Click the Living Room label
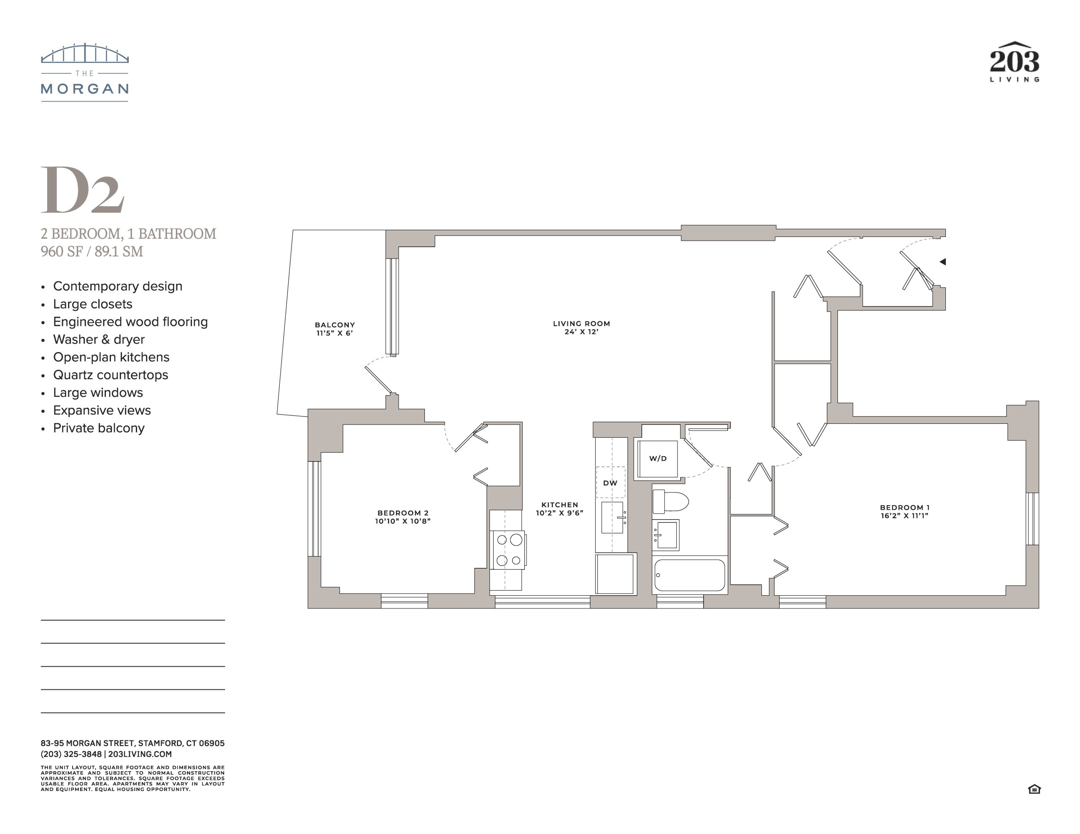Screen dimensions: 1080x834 (x=581, y=323)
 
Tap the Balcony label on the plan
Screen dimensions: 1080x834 (x=335, y=325)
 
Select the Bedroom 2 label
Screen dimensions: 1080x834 (x=402, y=513)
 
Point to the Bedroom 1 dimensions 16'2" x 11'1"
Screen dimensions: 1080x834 (x=904, y=516)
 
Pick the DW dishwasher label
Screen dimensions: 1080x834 (x=610, y=483)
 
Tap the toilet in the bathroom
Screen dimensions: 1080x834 (x=670, y=502)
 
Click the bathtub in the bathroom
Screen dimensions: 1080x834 (x=690, y=575)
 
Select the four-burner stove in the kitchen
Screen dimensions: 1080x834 (x=508, y=550)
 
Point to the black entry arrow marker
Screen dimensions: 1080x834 (x=942, y=261)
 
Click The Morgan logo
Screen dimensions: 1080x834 (x=84, y=72)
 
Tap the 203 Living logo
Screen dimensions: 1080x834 (x=1014, y=62)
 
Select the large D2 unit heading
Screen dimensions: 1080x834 (x=82, y=190)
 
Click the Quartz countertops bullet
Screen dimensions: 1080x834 (x=110, y=375)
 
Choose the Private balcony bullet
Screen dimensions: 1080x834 (x=98, y=428)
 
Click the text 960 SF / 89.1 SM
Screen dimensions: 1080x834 (x=92, y=251)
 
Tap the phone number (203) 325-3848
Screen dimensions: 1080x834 (x=71, y=754)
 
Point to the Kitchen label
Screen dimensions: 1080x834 (x=560, y=505)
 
